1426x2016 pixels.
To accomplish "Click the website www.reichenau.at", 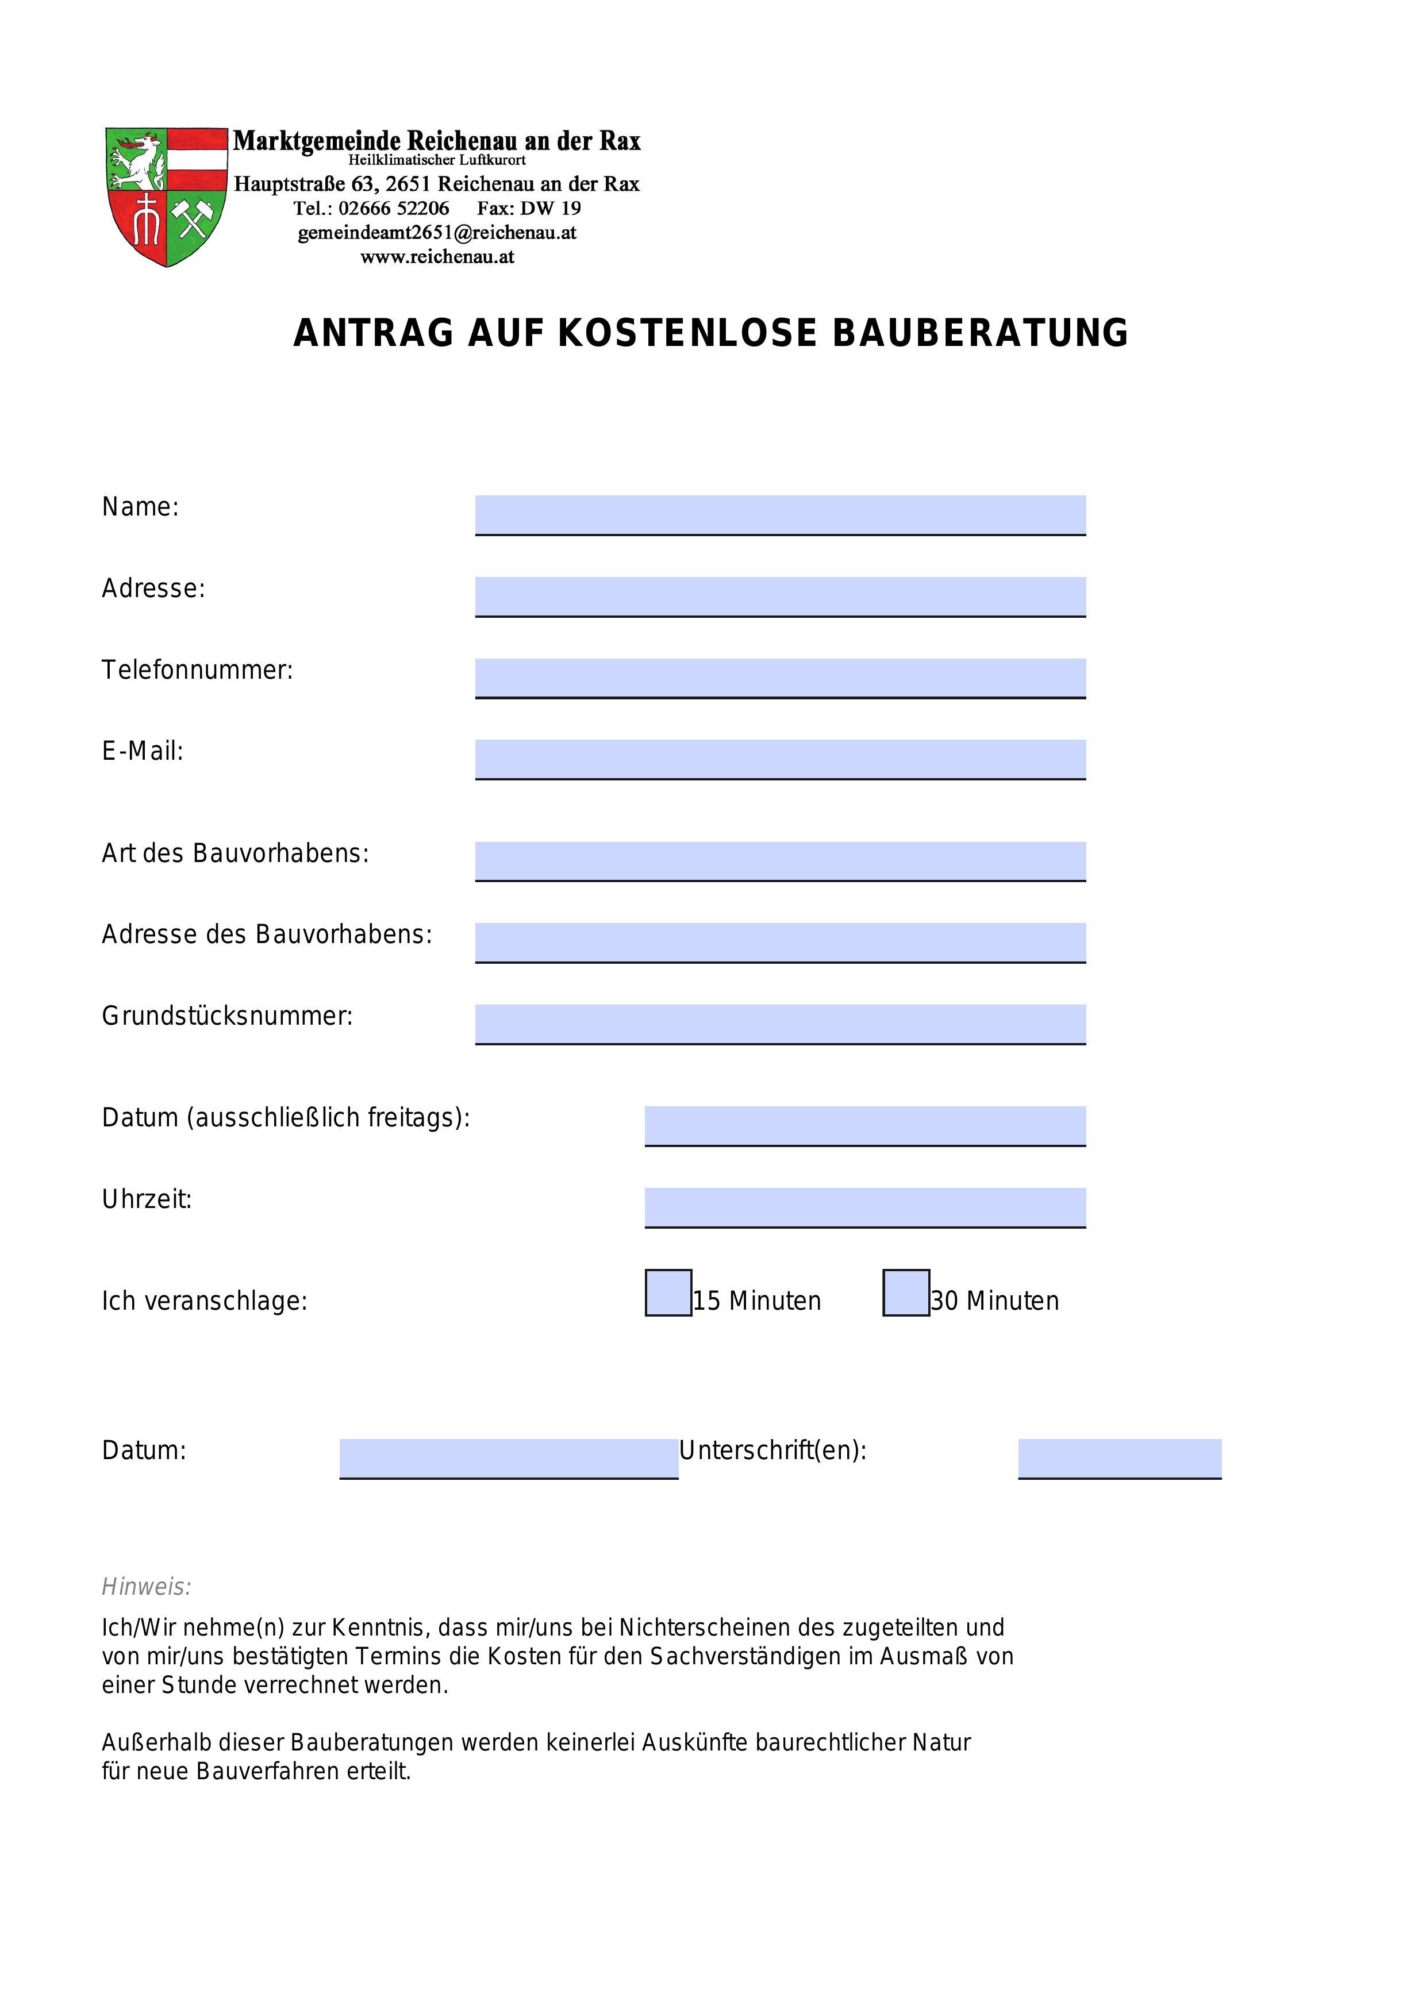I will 437,257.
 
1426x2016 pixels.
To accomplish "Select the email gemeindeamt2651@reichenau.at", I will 437,233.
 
